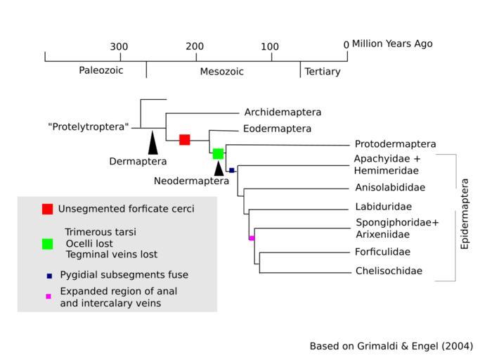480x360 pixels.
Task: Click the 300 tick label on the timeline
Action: tap(119, 47)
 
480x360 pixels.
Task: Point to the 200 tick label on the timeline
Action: tap(195, 47)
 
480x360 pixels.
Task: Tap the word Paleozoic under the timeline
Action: tap(101, 71)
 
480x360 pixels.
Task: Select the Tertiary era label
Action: tap(322, 72)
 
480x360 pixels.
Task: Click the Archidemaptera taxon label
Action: tap(283, 112)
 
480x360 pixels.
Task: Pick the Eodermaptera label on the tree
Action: tap(277, 129)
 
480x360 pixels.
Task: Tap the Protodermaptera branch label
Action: tap(395, 144)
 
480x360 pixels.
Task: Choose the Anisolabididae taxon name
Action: tap(390, 188)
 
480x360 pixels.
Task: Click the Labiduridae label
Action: tap(383, 207)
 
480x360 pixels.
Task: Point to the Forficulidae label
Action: tap(383, 252)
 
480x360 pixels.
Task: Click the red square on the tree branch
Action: tap(185, 140)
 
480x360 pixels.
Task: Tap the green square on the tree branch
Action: tap(218, 153)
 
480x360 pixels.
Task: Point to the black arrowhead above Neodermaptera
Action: tap(219, 168)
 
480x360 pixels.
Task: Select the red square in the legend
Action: tap(47, 209)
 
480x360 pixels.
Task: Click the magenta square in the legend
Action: tap(48, 297)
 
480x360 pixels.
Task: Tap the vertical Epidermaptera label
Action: tap(465, 214)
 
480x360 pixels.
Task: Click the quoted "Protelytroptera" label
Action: tap(89, 127)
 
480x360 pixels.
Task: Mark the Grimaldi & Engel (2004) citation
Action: tap(391, 347)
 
